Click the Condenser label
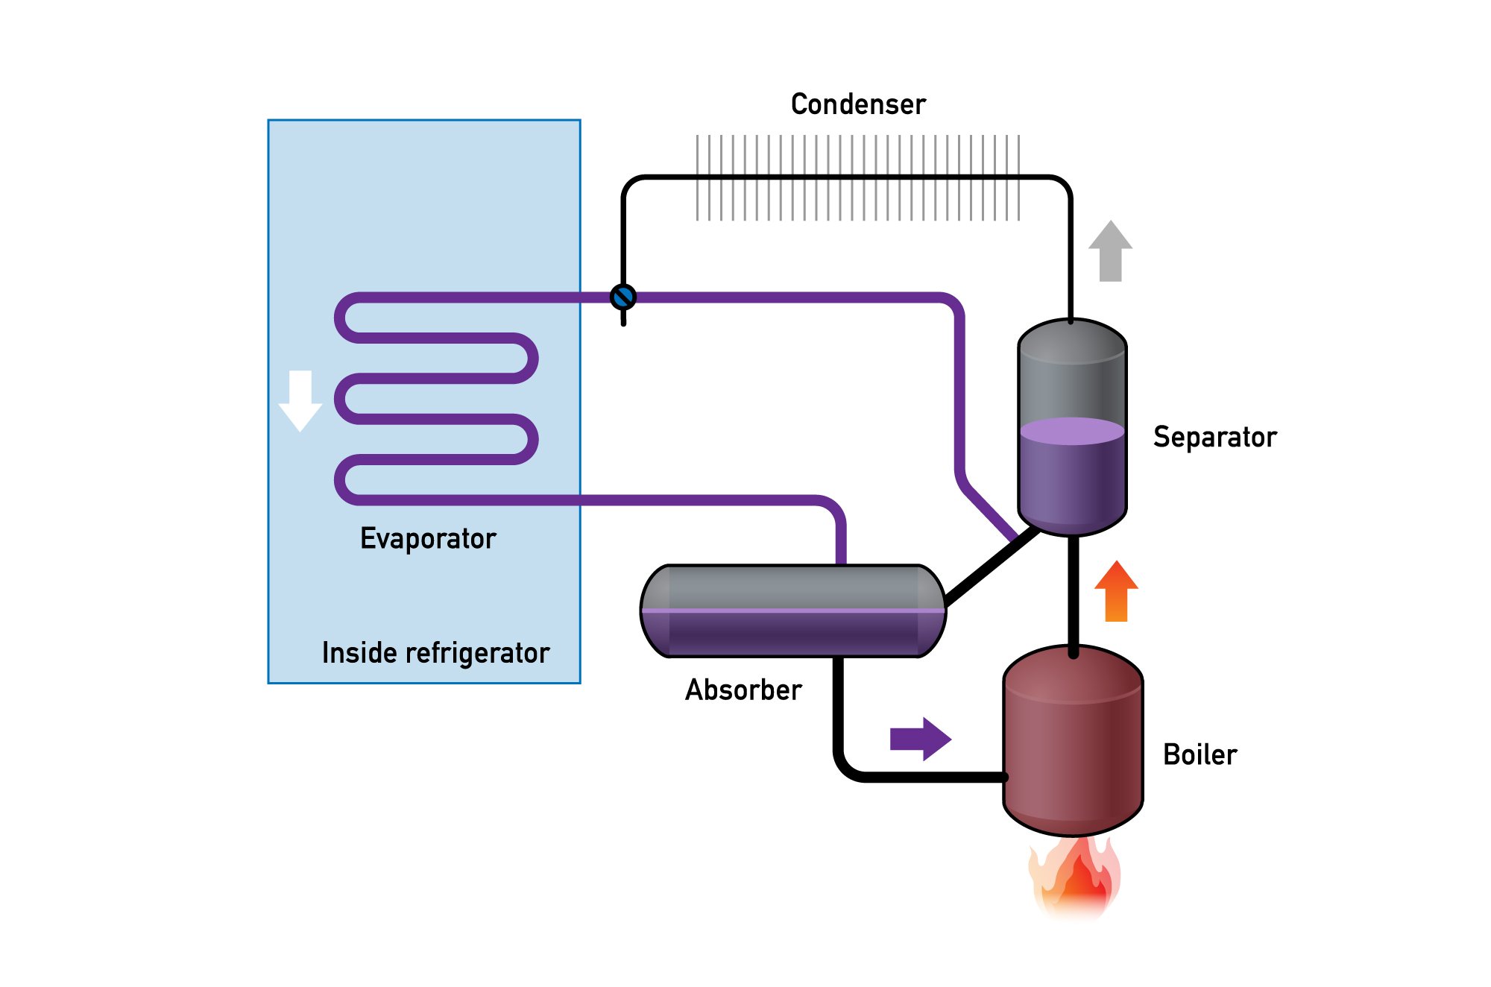tap(858, 104)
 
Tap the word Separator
tap(1214, 437)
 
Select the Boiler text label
tap(1200, 754)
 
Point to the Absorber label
tap(743, 690)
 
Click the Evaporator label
tap(428, 538)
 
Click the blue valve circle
tap(623, 297)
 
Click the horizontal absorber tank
tap(793, 611)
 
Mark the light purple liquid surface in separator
tap(1072, 431)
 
